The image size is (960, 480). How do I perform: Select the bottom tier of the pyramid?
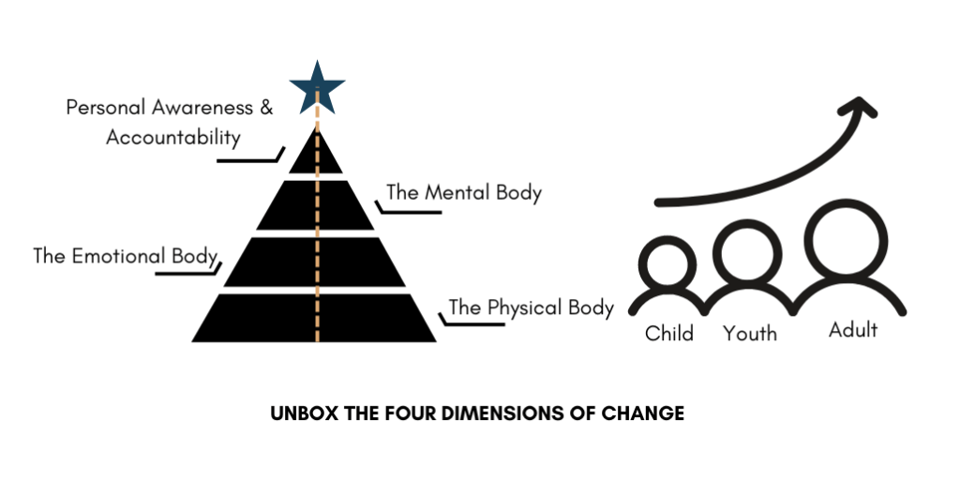314,318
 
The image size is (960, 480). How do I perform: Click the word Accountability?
173,138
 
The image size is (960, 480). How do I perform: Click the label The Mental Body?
464,193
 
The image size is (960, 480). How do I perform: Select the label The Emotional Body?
126,256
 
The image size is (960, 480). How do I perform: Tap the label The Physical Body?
532,307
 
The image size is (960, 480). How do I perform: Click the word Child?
669,334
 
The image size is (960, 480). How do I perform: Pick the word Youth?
750,334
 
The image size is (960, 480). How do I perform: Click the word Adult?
853,330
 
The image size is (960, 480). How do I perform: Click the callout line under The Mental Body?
409,212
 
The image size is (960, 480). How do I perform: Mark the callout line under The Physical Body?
472,323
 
